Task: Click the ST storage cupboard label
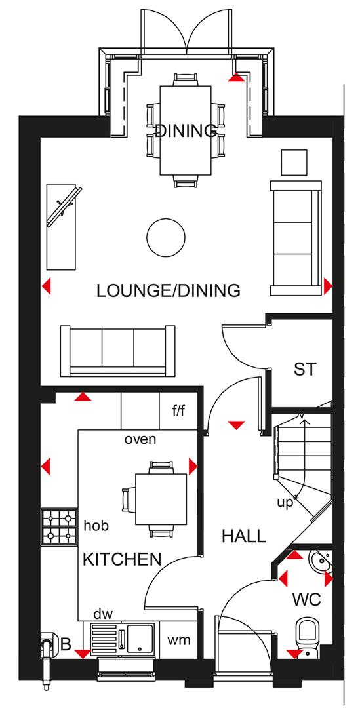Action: point(304,370)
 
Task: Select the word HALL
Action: point(243,536)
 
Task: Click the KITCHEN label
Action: point(122,559)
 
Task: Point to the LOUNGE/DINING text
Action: point(168,290)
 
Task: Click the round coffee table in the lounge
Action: point(165,237)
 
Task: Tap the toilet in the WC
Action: point(307,635)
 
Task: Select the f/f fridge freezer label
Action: point(179,412)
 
